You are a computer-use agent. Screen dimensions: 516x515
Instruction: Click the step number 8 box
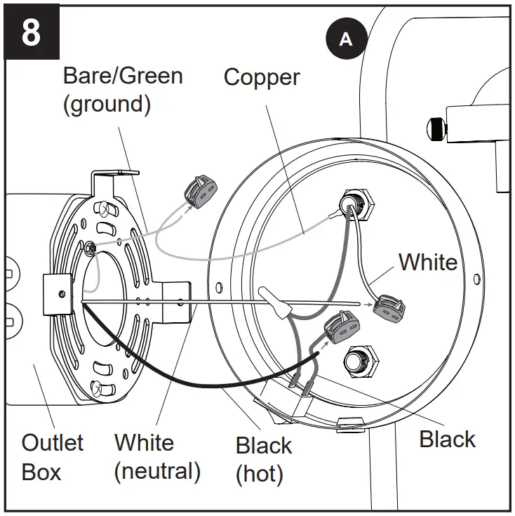pos(32,32)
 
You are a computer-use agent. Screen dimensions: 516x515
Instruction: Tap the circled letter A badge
pos(345,39)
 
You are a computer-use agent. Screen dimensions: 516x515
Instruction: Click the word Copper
pos(262,77)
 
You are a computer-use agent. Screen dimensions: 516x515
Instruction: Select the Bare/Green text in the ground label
pos(123,74)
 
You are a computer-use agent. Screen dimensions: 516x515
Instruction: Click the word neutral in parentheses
pos(157,471)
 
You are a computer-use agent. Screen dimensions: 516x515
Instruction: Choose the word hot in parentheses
pos(260,474)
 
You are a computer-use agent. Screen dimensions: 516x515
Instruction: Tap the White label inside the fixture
pos(427,262)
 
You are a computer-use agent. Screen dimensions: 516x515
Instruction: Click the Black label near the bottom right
pos(447,439)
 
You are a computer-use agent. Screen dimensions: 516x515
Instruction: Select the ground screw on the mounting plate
pos(91,246)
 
